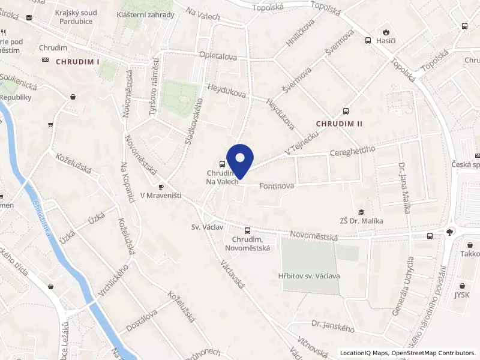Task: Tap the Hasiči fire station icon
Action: click(x=385, y=32)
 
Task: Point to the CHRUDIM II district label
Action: click(x=340, y=123)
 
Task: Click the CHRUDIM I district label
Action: click(x=77, y=61)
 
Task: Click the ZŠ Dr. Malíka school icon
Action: click(x=361, y=212)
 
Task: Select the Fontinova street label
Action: click(x=277, y=187)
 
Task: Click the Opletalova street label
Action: click(x=217, y=57)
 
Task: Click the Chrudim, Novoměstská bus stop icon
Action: click(x=247, y=231)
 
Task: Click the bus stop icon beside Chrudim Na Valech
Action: click(x=223, y=164)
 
